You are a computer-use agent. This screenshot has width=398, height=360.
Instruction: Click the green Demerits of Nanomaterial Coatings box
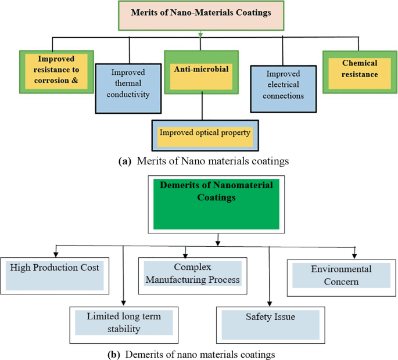coord(216,204)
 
